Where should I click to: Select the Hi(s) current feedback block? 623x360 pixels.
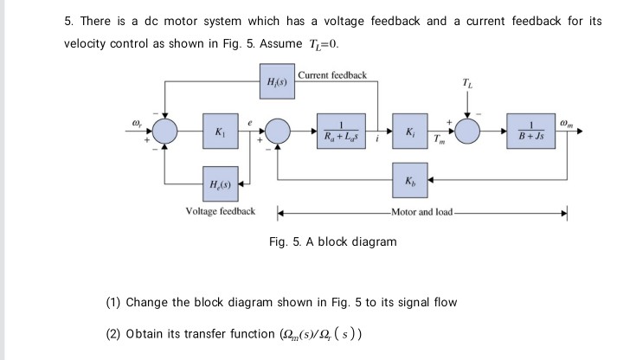click(x=274, y=83)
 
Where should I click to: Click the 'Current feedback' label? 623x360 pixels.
click(x=331, y=75)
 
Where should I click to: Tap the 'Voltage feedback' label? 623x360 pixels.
click(x=221, y=211)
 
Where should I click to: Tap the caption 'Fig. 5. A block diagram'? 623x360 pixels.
click(x=333, y=241)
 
